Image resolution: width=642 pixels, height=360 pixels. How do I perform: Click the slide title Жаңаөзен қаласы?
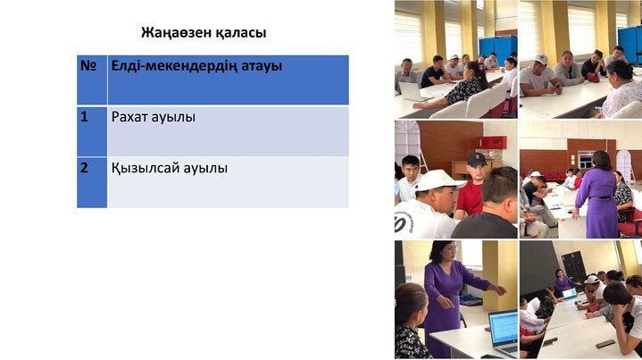pos(203,33)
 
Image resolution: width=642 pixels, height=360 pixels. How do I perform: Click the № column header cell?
pos(91,80)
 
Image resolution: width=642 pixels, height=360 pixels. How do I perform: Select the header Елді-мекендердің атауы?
pos(228,68)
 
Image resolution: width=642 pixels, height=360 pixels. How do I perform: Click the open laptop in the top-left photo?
pos(412,90)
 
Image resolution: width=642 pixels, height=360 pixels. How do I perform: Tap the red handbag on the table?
pos(593,78)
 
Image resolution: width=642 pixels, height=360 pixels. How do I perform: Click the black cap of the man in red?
pos(477,159)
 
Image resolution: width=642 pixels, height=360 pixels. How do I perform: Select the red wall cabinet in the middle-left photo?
pos(491,142)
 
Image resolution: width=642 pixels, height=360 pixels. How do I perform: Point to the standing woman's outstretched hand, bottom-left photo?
pos(501,290)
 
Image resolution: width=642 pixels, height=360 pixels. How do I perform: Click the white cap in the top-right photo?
pos(541,60)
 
